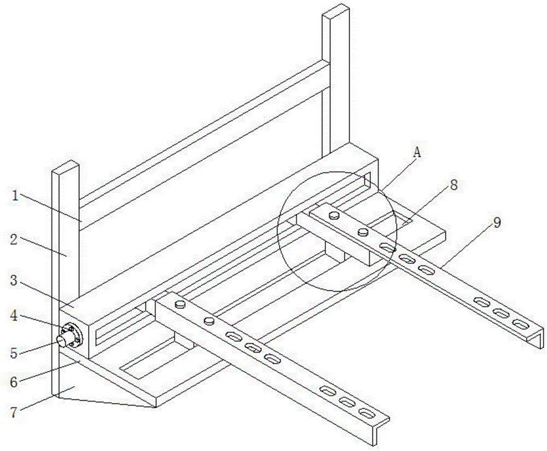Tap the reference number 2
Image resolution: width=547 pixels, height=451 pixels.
coord(15,240)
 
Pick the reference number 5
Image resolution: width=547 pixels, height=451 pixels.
coord(15,352)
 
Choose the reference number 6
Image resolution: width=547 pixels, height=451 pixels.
coord(15,381)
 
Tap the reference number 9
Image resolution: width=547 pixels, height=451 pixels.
coord(496,222)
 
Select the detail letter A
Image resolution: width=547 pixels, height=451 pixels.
coord(417,154)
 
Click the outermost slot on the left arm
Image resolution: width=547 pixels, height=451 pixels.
coord(366,412)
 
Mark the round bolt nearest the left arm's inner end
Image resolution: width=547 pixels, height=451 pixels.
coord(180,304)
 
